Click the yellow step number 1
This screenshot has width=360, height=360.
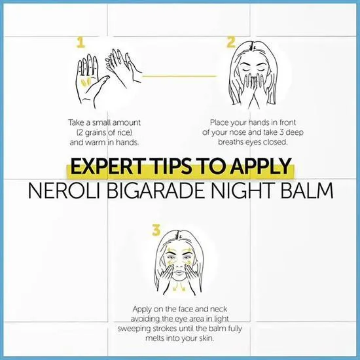pos(81,43)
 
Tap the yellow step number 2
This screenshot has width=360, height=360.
pos(231,42)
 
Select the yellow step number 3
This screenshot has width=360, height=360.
pos(156,230)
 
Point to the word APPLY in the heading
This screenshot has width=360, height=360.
pos(261,166)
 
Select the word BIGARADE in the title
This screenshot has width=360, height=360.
pos(156,190)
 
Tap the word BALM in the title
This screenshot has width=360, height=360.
pos(307,190)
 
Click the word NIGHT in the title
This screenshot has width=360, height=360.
pos(243,190)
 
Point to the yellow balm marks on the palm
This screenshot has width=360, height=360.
pos(86,82)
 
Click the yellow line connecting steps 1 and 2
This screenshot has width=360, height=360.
pos(179,76)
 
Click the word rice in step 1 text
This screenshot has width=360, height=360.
pos(124,132)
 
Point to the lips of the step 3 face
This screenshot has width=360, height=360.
pos(179,273)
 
